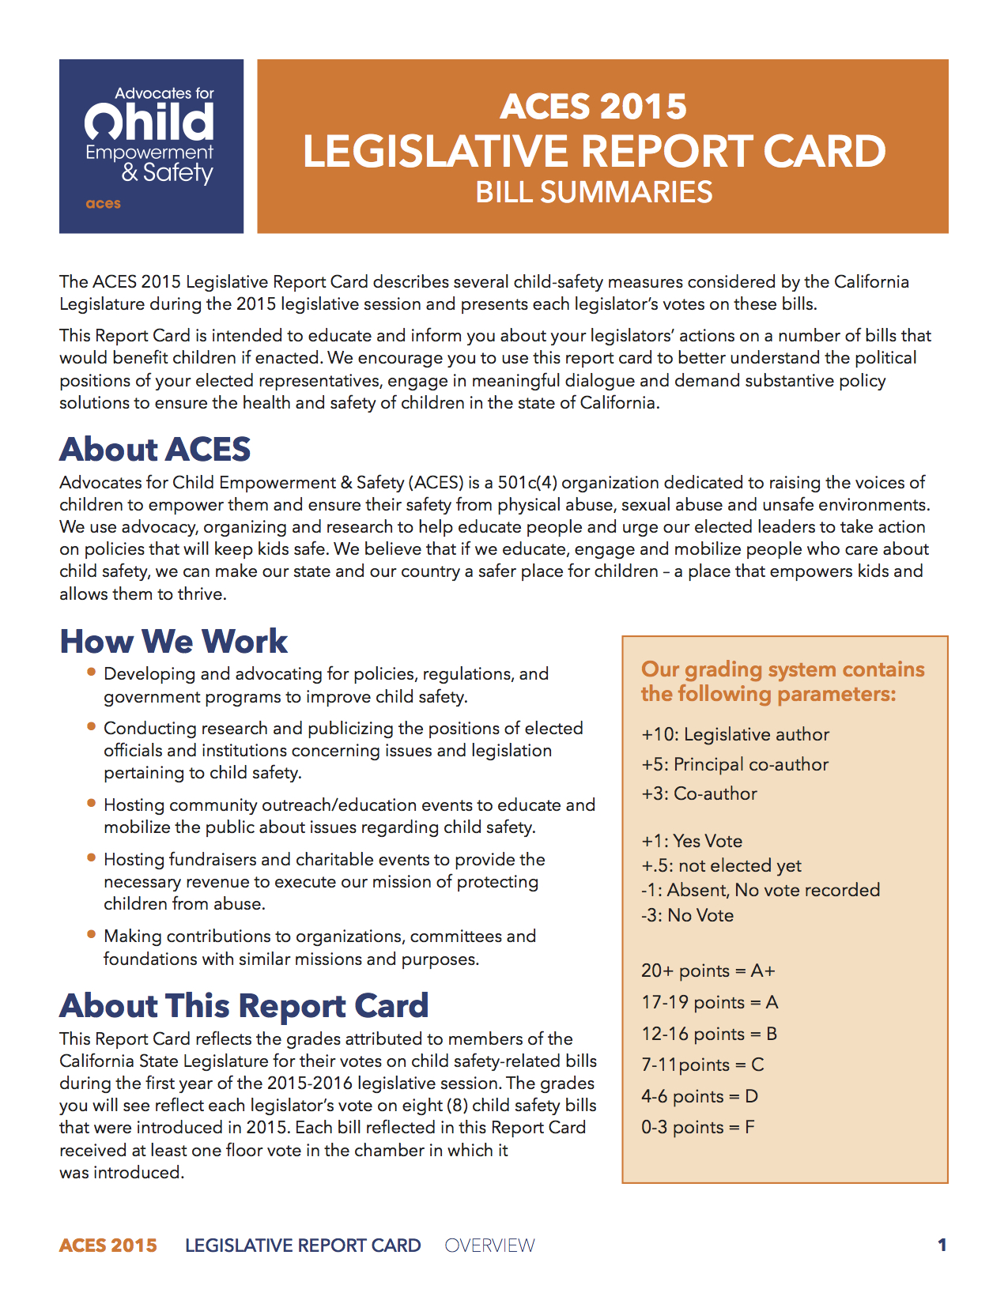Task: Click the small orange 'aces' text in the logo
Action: [104, 204]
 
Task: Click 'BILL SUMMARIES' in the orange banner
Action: [594, 193]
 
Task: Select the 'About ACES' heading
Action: [155, 449]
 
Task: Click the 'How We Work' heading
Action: [174, 641]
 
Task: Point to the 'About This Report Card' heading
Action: [244, 1005]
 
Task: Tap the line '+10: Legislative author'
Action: [735, 735]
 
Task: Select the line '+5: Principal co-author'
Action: [735, 764]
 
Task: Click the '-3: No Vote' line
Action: [687, 915]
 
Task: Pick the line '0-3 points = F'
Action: [697, 1127]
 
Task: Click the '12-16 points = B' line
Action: [709, 1034]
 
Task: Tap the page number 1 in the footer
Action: [942, 1246]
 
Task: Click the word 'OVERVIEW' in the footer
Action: [489, 1246]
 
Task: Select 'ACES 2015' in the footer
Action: [108, 1246]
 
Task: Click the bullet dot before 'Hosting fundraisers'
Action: [92, 857]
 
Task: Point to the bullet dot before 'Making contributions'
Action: [92, 934]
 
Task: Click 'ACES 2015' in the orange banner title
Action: [594, 107]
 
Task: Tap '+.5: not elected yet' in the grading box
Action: [721, 865]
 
